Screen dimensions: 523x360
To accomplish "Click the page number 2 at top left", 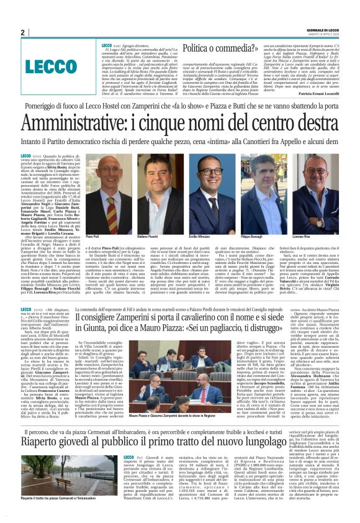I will point(22,33).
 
